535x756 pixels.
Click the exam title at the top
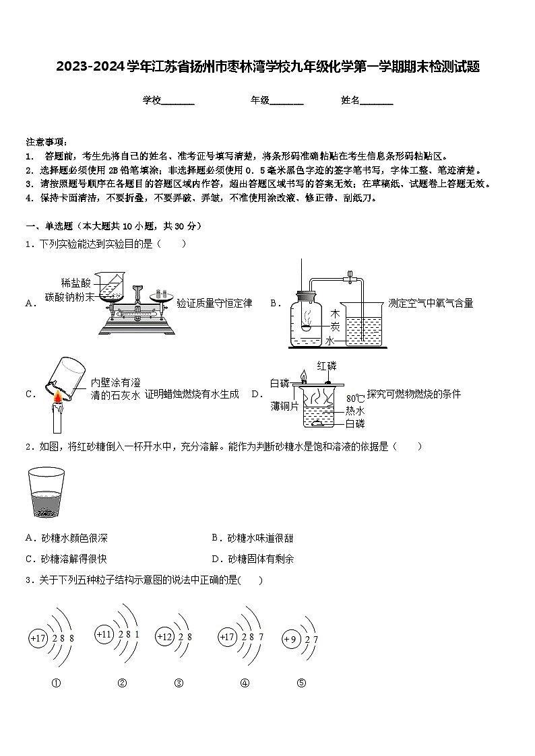(267, 67)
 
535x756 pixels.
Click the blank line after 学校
(178, 100)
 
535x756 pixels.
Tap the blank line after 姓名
(377, 100)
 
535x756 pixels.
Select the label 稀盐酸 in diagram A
(75, 283)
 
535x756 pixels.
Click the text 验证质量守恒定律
(214, 304)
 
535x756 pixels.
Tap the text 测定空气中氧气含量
(431, 304)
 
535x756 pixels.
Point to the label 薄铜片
(285, 406)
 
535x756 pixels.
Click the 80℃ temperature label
(355, 398)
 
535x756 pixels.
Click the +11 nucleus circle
(104, 635)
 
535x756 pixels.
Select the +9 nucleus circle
(290, 639)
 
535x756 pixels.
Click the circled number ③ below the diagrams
(179, 683)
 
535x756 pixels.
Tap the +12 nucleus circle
(164, 637)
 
